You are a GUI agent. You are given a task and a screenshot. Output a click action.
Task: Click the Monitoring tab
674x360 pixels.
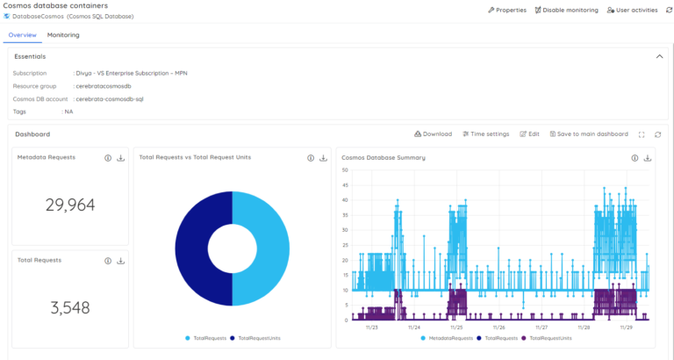click(63, 35)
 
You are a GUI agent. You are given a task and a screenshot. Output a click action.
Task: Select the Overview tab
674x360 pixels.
click(22, 35)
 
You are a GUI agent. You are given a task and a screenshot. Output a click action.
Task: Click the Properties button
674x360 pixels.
click(507, 10)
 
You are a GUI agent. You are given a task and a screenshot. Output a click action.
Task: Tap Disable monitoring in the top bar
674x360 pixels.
click(566, 10)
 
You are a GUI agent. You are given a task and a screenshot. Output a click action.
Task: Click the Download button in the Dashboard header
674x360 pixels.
click(433, 134)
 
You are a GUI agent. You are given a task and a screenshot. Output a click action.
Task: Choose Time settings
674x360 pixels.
click(486, 134)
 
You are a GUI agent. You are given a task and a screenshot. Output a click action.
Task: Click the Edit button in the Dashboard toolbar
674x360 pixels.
click(529, 134)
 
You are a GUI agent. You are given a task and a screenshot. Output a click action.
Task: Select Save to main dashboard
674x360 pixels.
click(589, 134)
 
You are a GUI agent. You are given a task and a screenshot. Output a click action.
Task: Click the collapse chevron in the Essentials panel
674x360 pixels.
click(659, 56)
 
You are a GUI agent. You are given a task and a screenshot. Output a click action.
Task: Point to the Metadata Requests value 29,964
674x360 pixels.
click(70, 205)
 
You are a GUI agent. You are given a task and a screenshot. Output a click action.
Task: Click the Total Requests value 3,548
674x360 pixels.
click(70, 307)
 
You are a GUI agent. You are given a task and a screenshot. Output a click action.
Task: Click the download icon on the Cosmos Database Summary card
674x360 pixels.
click(648, 158)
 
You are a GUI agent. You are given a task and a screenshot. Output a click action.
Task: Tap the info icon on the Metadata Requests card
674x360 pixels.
click(108, 158)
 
